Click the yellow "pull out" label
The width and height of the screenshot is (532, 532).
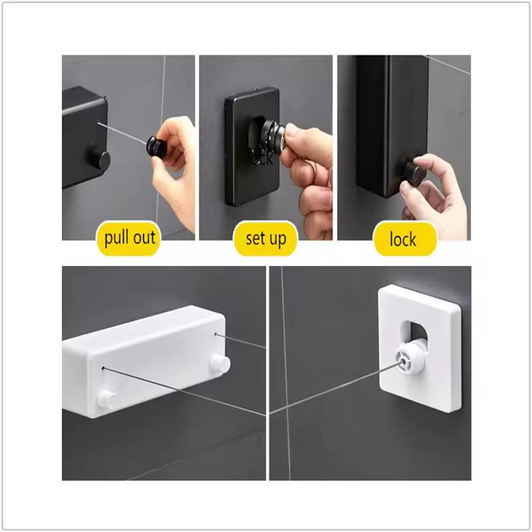pyautogui.click(x=128, y=238)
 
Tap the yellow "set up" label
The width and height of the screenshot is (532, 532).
pyautogui.click(x=265, y=239)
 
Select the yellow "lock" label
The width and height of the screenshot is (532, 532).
pyautogui.click(x=404, y=239)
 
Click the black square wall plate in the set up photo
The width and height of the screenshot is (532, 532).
pyautogui.click(x=252, y=146)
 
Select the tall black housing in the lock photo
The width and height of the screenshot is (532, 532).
pyautogui.click(x=392, y=126)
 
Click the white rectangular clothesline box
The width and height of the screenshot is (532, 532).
pyautogui.click(x=145, y=362)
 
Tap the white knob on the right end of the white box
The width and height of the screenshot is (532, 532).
pyautogui.click(x=220, y=364)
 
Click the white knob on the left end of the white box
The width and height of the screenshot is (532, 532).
pyautogui.click(x=106, y=398)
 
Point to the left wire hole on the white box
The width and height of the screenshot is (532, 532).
pyautogui.click(x=103, y=368)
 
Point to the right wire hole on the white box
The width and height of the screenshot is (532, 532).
pyautogui.click(x=215, y=334)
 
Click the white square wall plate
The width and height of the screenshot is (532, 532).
pyautogui.click(x=420, y=348)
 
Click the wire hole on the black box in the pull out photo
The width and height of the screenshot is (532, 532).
pyautogui.click(x=98, y=122)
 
